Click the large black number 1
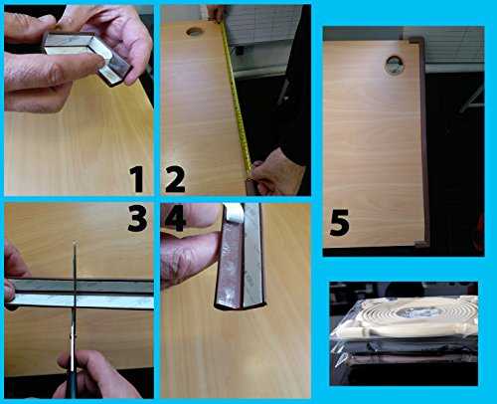pos(136,179)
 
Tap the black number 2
pos(175,179)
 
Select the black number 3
pos(137,218)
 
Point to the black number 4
pos(175,218)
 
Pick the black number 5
pos(339,223)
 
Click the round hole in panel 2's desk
pos(195,32)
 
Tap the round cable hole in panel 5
pos(395,65)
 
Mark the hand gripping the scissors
pos(96,376)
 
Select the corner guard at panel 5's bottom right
pos(421,244)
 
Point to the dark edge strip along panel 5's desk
pos(424,142)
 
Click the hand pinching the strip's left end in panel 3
pos(13,276)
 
